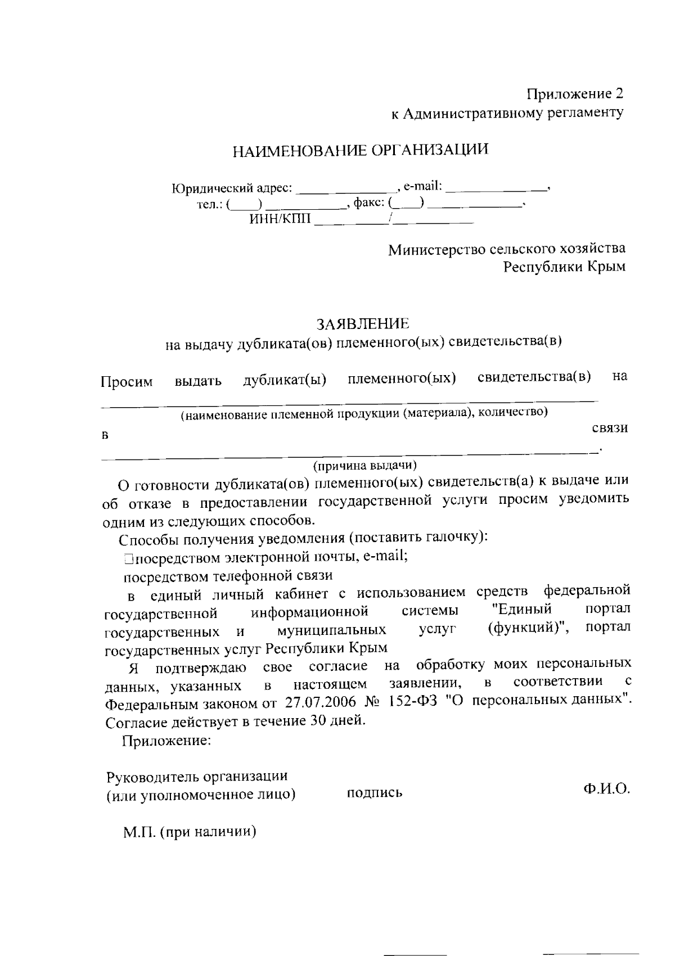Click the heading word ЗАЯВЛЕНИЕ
(363, 324)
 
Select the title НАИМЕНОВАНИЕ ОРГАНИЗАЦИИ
(361, 150)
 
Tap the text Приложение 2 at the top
(574, 93)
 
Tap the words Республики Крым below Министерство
(564, 267)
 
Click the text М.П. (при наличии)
(190, 832)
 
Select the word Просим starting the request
(127, 382)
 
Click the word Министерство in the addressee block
(435, 249)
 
